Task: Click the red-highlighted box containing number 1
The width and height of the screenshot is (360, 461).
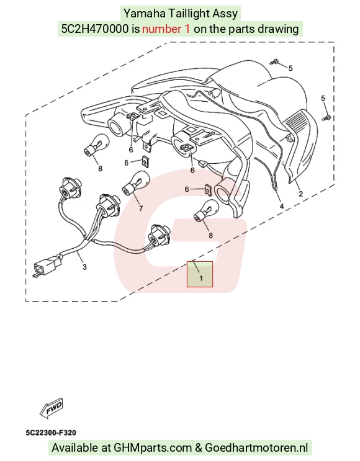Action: [x=200, y=274]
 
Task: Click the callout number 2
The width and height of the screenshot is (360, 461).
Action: [x=300, y=194]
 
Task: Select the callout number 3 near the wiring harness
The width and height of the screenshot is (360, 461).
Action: [x=84, y=267]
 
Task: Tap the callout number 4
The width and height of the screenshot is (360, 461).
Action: [x=281, y=206]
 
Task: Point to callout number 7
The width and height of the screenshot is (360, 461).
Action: [x=141, y=208]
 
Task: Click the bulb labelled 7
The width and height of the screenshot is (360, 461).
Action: [x=135, y=184]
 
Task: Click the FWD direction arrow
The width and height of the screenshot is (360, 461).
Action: [x=51, y=408]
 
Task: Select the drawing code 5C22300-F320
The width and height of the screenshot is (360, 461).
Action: [x=51, y=432]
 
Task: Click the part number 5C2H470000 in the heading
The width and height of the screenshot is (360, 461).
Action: [x=95, y=29]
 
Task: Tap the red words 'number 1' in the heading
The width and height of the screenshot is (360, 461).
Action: [x=166, y=29]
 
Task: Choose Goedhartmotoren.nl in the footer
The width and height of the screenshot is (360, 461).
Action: [x=256, y=448]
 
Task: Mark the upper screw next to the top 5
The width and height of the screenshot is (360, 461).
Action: [x=274, y=62]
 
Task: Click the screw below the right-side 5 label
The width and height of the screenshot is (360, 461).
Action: [x=326, y=118]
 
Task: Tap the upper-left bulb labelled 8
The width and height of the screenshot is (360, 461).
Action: [x=97, y=145]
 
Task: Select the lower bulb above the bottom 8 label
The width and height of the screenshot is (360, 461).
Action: [x=206, y=211]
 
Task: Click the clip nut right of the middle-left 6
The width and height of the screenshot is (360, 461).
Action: [x=145, y=161]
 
